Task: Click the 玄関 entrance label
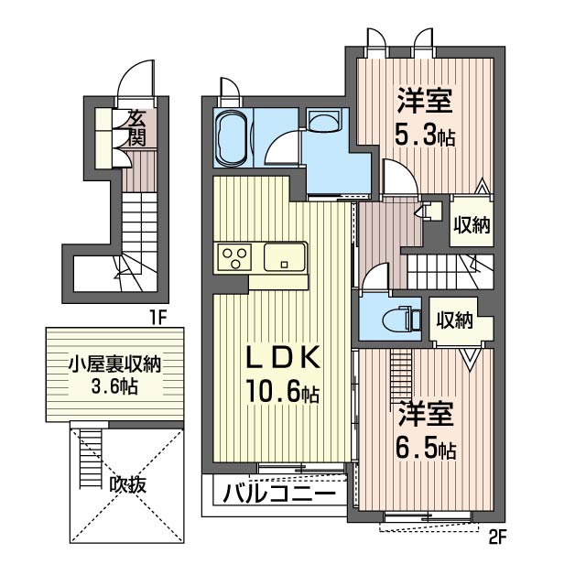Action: (136, 128)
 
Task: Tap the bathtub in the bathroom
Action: (232, 137)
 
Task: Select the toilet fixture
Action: (402, 320)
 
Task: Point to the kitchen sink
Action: (284, 256)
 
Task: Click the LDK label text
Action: (282, 358)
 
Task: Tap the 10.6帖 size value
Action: (282, 391)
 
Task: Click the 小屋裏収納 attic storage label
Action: (114, 364)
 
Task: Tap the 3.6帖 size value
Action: (114, 386)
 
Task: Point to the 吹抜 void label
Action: (127, 485)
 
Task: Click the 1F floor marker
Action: (157, 318)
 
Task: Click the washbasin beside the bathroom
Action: (323, 120)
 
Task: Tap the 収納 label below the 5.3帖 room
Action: (472, 224)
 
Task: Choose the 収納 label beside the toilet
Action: (455, 320)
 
